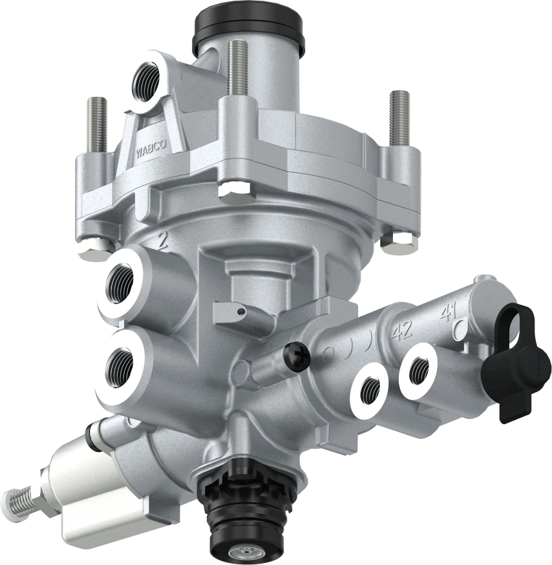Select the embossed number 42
[x=403, y=332]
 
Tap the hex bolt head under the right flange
[x=394, y=243]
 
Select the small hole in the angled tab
[x=240, y=313]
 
